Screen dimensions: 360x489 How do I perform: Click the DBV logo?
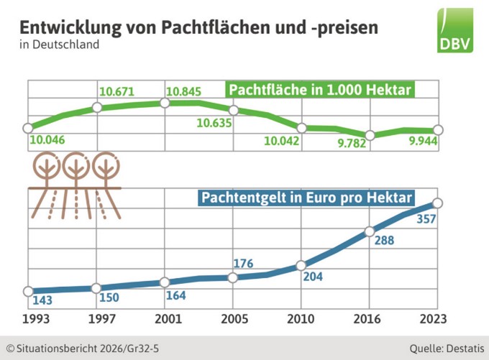(x=455, y=30)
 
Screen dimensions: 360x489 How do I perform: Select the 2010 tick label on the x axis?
(x=301, y=318)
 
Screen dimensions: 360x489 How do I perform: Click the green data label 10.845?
(x=183, y=91)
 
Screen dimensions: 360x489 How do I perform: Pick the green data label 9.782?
(x=353, y=144)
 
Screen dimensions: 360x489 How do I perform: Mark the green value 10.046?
(x=47, y=139)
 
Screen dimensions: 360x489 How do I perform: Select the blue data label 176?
(x=243, y=264)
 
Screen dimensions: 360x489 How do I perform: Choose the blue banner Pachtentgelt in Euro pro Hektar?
(x=306, y=196)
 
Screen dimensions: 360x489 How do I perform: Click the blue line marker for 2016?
(x=370, y=231)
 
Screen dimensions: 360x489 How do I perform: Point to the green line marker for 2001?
(x=165, y=103)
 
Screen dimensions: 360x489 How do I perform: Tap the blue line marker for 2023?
(x=438, y=203)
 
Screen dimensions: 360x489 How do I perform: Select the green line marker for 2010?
(x=301, y=128)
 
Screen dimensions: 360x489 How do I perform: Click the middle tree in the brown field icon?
(x=75, y=167)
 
